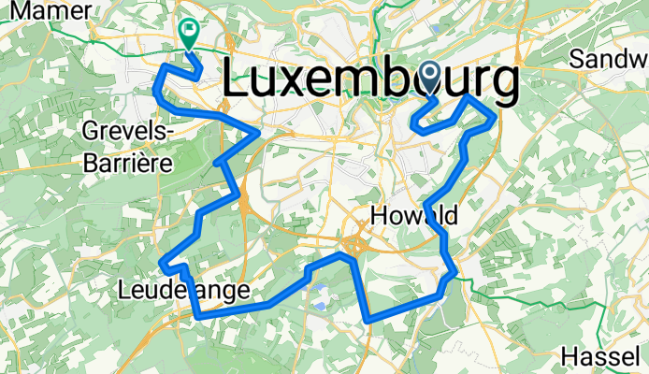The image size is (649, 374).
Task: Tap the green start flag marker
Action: coord(189,34)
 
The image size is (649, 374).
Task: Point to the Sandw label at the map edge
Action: coord(610,59)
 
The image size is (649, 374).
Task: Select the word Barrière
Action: coord(127,162)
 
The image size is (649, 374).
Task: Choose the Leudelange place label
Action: coord(185,292)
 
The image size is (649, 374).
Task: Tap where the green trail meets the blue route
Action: coord(454,274)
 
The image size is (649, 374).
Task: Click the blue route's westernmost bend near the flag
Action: coord(154,89)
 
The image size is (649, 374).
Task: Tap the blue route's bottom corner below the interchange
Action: coord(370,320)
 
